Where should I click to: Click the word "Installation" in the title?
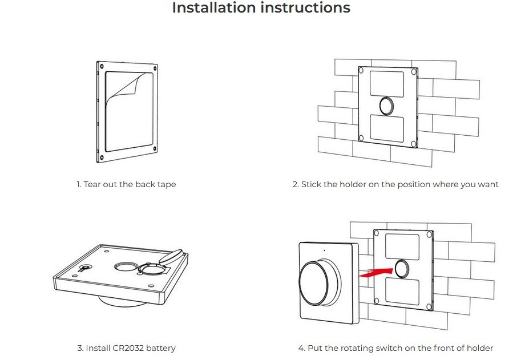tap(214, 8)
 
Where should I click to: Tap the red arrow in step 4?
tap(377, 271)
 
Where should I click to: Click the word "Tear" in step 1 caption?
tap(92, 184)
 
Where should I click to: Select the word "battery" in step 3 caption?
tap(160, 348)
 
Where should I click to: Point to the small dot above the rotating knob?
tap(324, 250)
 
